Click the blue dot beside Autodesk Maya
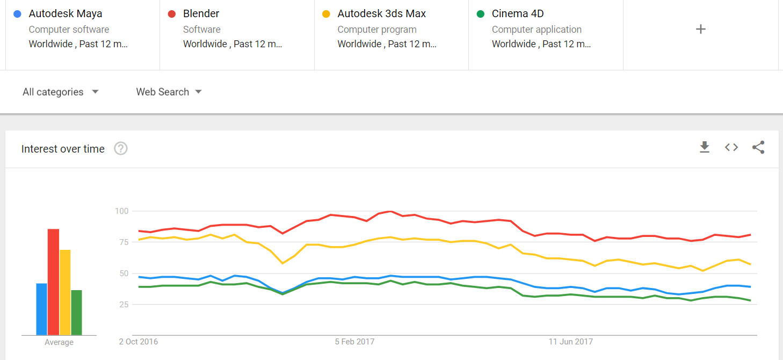(x=18, y=14)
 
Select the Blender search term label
(x=201, y=14)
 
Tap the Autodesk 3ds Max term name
(x=381, y=14)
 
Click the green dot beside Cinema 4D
(x=481, y=14)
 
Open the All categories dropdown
(x=61, y=92)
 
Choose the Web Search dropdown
(x=169, y=92)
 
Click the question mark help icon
(x=121, y=149)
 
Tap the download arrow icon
(x=705, y=147)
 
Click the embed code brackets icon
(x=731, y=147)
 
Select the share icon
(x=758, y=147)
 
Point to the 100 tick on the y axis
(x=121, y=211)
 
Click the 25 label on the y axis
(x=124, y=305)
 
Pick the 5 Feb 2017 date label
(x=354, y=342)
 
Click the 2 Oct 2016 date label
(x=139, y=342)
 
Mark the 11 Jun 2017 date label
(x=570, y=342)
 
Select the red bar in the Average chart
(x=53, y=282)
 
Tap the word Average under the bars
(x=59, y=342)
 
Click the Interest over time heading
(x=63, y=149)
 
